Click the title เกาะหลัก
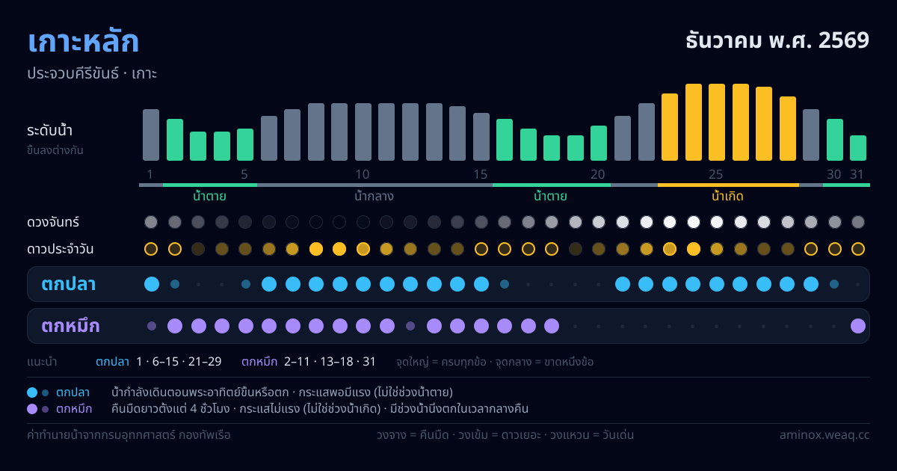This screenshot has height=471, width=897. click(83, 41)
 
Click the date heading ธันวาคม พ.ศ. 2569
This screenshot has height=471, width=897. click(777, 40)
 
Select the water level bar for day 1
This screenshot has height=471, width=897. click(151, 135)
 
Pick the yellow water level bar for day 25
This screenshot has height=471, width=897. click(717, 122)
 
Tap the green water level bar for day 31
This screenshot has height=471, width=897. click(858, 148)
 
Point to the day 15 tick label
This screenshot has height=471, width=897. click(481, 174)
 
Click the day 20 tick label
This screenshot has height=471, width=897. click(598, 174)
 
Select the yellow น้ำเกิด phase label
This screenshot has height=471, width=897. click(727, 196)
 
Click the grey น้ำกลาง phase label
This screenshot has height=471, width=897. click(374, 196)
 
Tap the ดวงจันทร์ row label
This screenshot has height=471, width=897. click(53, 222)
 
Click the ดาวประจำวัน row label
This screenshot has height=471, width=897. click(60, 249)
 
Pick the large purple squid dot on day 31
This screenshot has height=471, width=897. click(858, 326)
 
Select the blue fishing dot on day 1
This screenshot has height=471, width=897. click(152, 284)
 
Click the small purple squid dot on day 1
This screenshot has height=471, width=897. click(152, 326)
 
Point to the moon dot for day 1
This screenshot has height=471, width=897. click(151, 222)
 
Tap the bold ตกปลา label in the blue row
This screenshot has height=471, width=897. click(69, 284)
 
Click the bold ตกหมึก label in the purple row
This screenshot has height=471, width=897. click(70, 326)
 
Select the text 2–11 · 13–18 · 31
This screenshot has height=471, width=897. click(330, 362)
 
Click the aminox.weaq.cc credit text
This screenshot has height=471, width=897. click(824, 435)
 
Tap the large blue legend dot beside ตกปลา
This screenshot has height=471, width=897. click(32, 392)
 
